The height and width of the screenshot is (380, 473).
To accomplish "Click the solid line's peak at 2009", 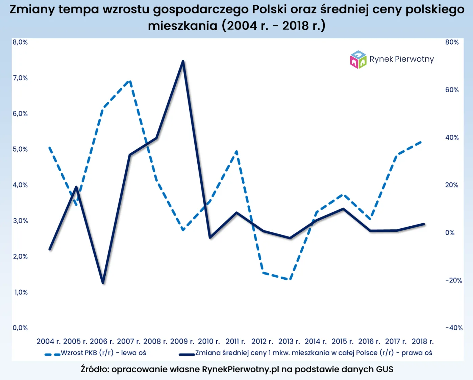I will tap(183, 61).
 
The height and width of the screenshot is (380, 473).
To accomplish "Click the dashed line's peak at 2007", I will tap(129, 81).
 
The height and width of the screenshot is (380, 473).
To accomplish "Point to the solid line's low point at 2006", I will tap(103, 282).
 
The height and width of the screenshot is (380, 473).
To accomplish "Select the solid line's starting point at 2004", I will tap(50, 249).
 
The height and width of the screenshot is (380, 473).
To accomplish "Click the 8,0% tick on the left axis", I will tap(20, 42).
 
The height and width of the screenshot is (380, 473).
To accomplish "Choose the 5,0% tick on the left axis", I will tap(20, 149).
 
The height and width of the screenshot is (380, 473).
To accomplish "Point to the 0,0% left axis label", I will tap(20, 328).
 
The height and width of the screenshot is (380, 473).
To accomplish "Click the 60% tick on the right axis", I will tap(452, 90).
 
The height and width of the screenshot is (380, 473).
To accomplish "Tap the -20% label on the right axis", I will tap(453, 280).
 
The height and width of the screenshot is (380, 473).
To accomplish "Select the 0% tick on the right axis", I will tap(450, 233).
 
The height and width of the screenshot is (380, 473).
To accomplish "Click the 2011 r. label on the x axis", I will tap(235, 341).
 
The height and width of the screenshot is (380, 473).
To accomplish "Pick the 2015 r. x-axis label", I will tap(342, 341).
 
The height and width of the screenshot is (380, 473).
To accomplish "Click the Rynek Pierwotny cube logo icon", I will tap(358, 59).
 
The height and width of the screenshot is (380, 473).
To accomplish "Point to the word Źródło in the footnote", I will tap(95, 369).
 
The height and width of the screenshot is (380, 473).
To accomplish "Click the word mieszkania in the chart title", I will tap(182, 26).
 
